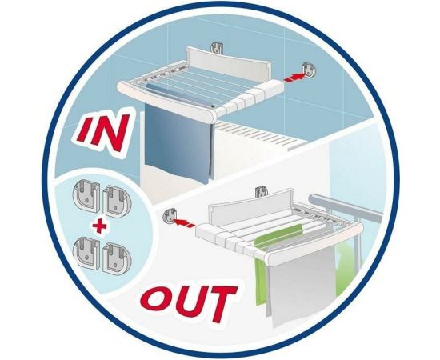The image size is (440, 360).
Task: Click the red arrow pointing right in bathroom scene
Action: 294,77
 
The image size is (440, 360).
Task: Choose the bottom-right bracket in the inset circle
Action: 117,258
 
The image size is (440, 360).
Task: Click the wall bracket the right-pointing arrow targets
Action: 308,70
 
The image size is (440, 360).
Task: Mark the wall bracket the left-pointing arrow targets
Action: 170,215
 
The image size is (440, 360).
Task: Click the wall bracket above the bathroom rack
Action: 217,48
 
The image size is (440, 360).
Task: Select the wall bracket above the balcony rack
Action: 262,191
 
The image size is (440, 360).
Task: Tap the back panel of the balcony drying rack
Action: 250,204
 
